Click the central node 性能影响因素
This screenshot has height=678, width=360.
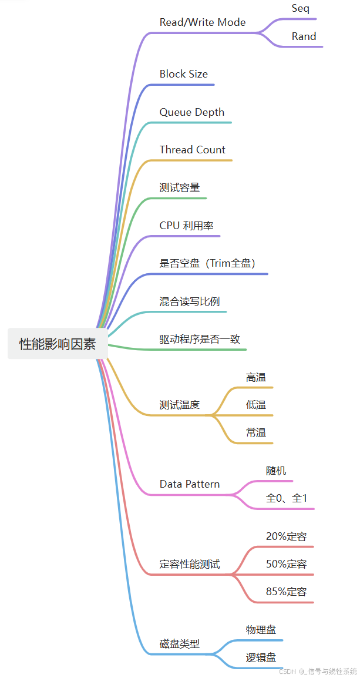coord(58,344)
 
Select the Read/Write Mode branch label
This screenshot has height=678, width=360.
coord(203,22)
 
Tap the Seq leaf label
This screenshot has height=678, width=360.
coord(300,9)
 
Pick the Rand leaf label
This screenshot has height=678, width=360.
coord(304,36)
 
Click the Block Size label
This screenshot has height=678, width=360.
coord(184,74)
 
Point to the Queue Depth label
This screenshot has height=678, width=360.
coord(192,112)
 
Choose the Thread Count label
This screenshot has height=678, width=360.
coord(193,150)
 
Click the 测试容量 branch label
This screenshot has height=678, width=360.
coord(180,187)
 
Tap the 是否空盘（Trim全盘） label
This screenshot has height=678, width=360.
coord(207,263)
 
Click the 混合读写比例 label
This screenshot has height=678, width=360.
coord(190,301)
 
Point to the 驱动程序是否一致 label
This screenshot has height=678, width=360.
coord(200,339)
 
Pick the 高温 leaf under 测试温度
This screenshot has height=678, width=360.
coord(256,377)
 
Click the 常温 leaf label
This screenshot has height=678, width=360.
coord(256,432)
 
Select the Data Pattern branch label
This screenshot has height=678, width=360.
coord(190,484)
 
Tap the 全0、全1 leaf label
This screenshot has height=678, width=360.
coord(287,498)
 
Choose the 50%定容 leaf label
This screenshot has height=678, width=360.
coord(287,564)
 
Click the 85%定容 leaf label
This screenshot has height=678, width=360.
coord(287,592)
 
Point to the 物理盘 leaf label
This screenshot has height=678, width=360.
coord(261,630)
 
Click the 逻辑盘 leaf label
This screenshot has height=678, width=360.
coord(261,657)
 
